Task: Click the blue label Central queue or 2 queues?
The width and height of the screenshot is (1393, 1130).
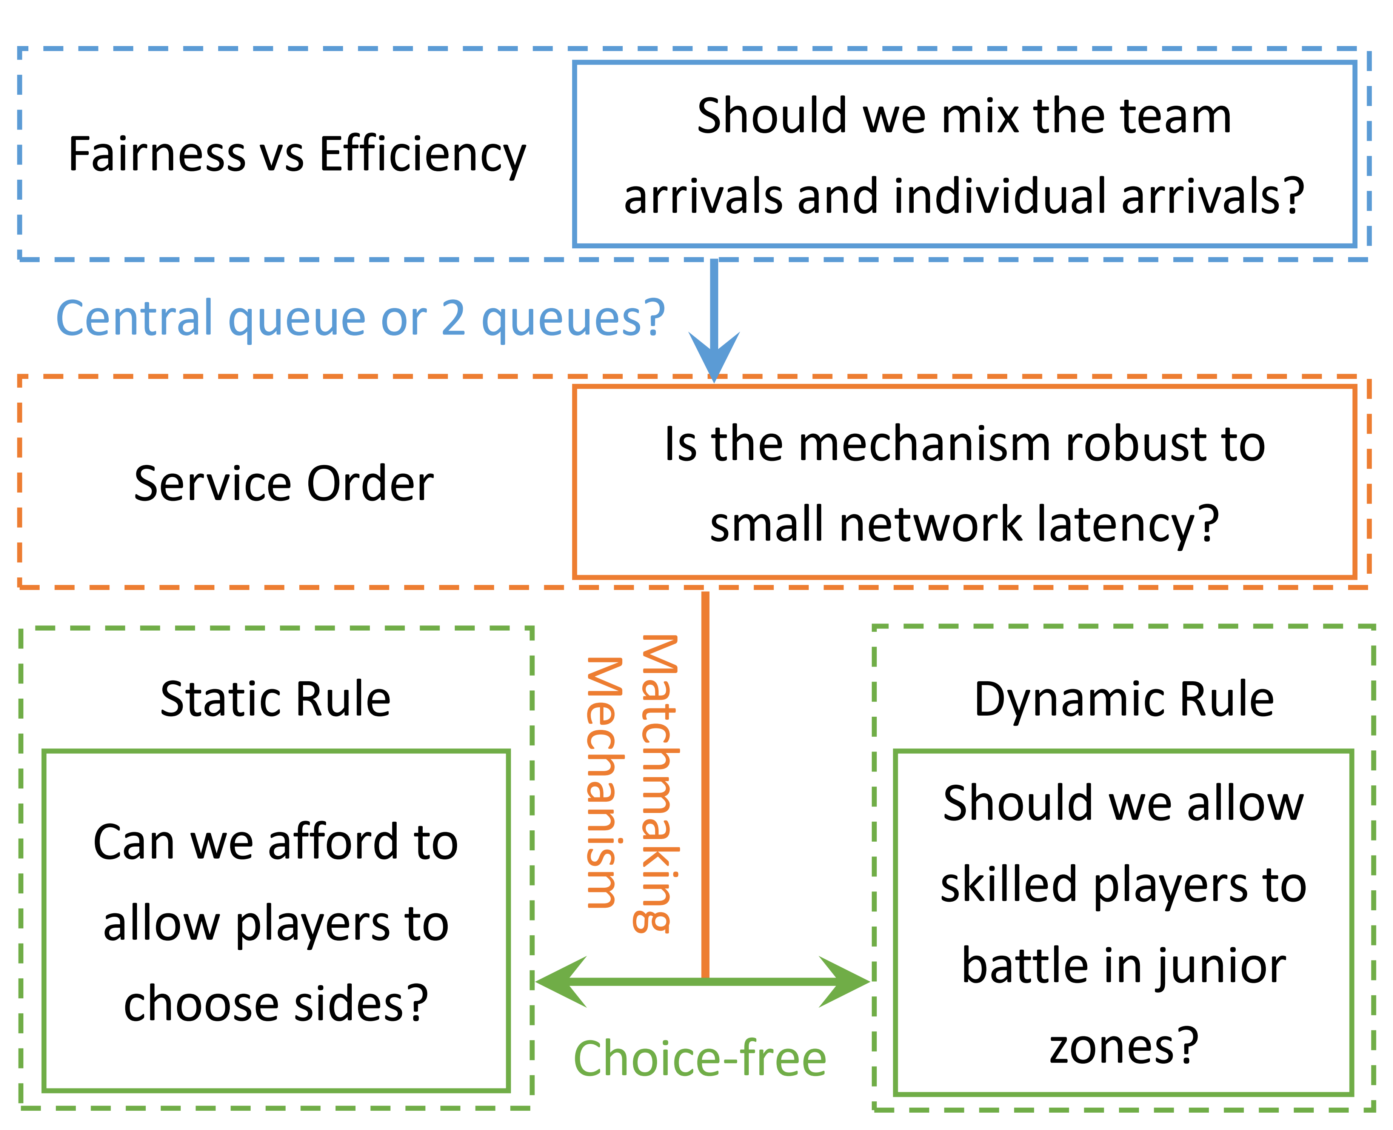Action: coord(360,319)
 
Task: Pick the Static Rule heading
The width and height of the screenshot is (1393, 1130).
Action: coord(276,700)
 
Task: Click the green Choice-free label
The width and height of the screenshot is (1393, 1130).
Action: coord(700,1059)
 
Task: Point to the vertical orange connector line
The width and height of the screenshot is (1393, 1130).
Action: coord(705,781)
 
